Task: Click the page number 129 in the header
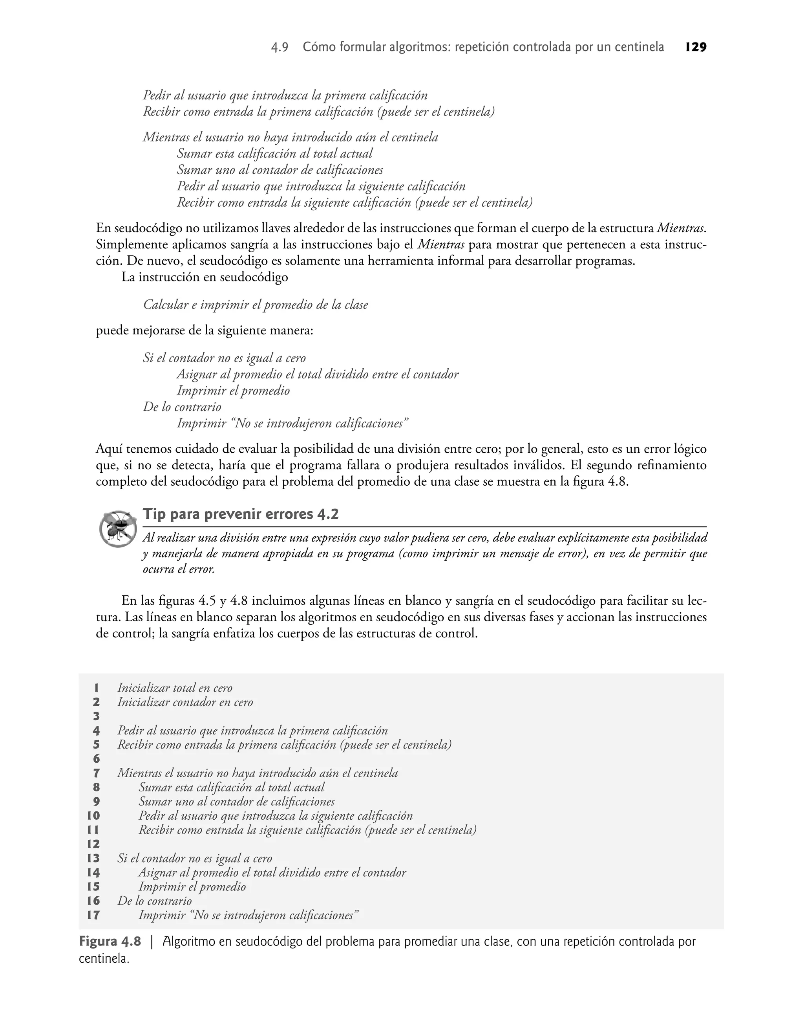(x=696, y=47)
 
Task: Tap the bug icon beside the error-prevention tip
(x=118, y=529)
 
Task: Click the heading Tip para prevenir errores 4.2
(x=241, y=514)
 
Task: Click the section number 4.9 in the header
(x=280, y=48)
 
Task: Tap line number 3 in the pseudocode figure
(x=97, y=716)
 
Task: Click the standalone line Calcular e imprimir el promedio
(x=255, y=305)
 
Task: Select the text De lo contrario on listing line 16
(x=154, y=901)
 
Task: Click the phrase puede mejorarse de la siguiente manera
(x=204, y=331)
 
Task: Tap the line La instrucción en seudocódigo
(x=204, y=277)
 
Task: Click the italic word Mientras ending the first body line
(x=680, y=228)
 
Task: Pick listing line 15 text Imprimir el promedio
(x=192, y=887)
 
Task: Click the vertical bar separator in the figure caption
(x=152, y=942)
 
